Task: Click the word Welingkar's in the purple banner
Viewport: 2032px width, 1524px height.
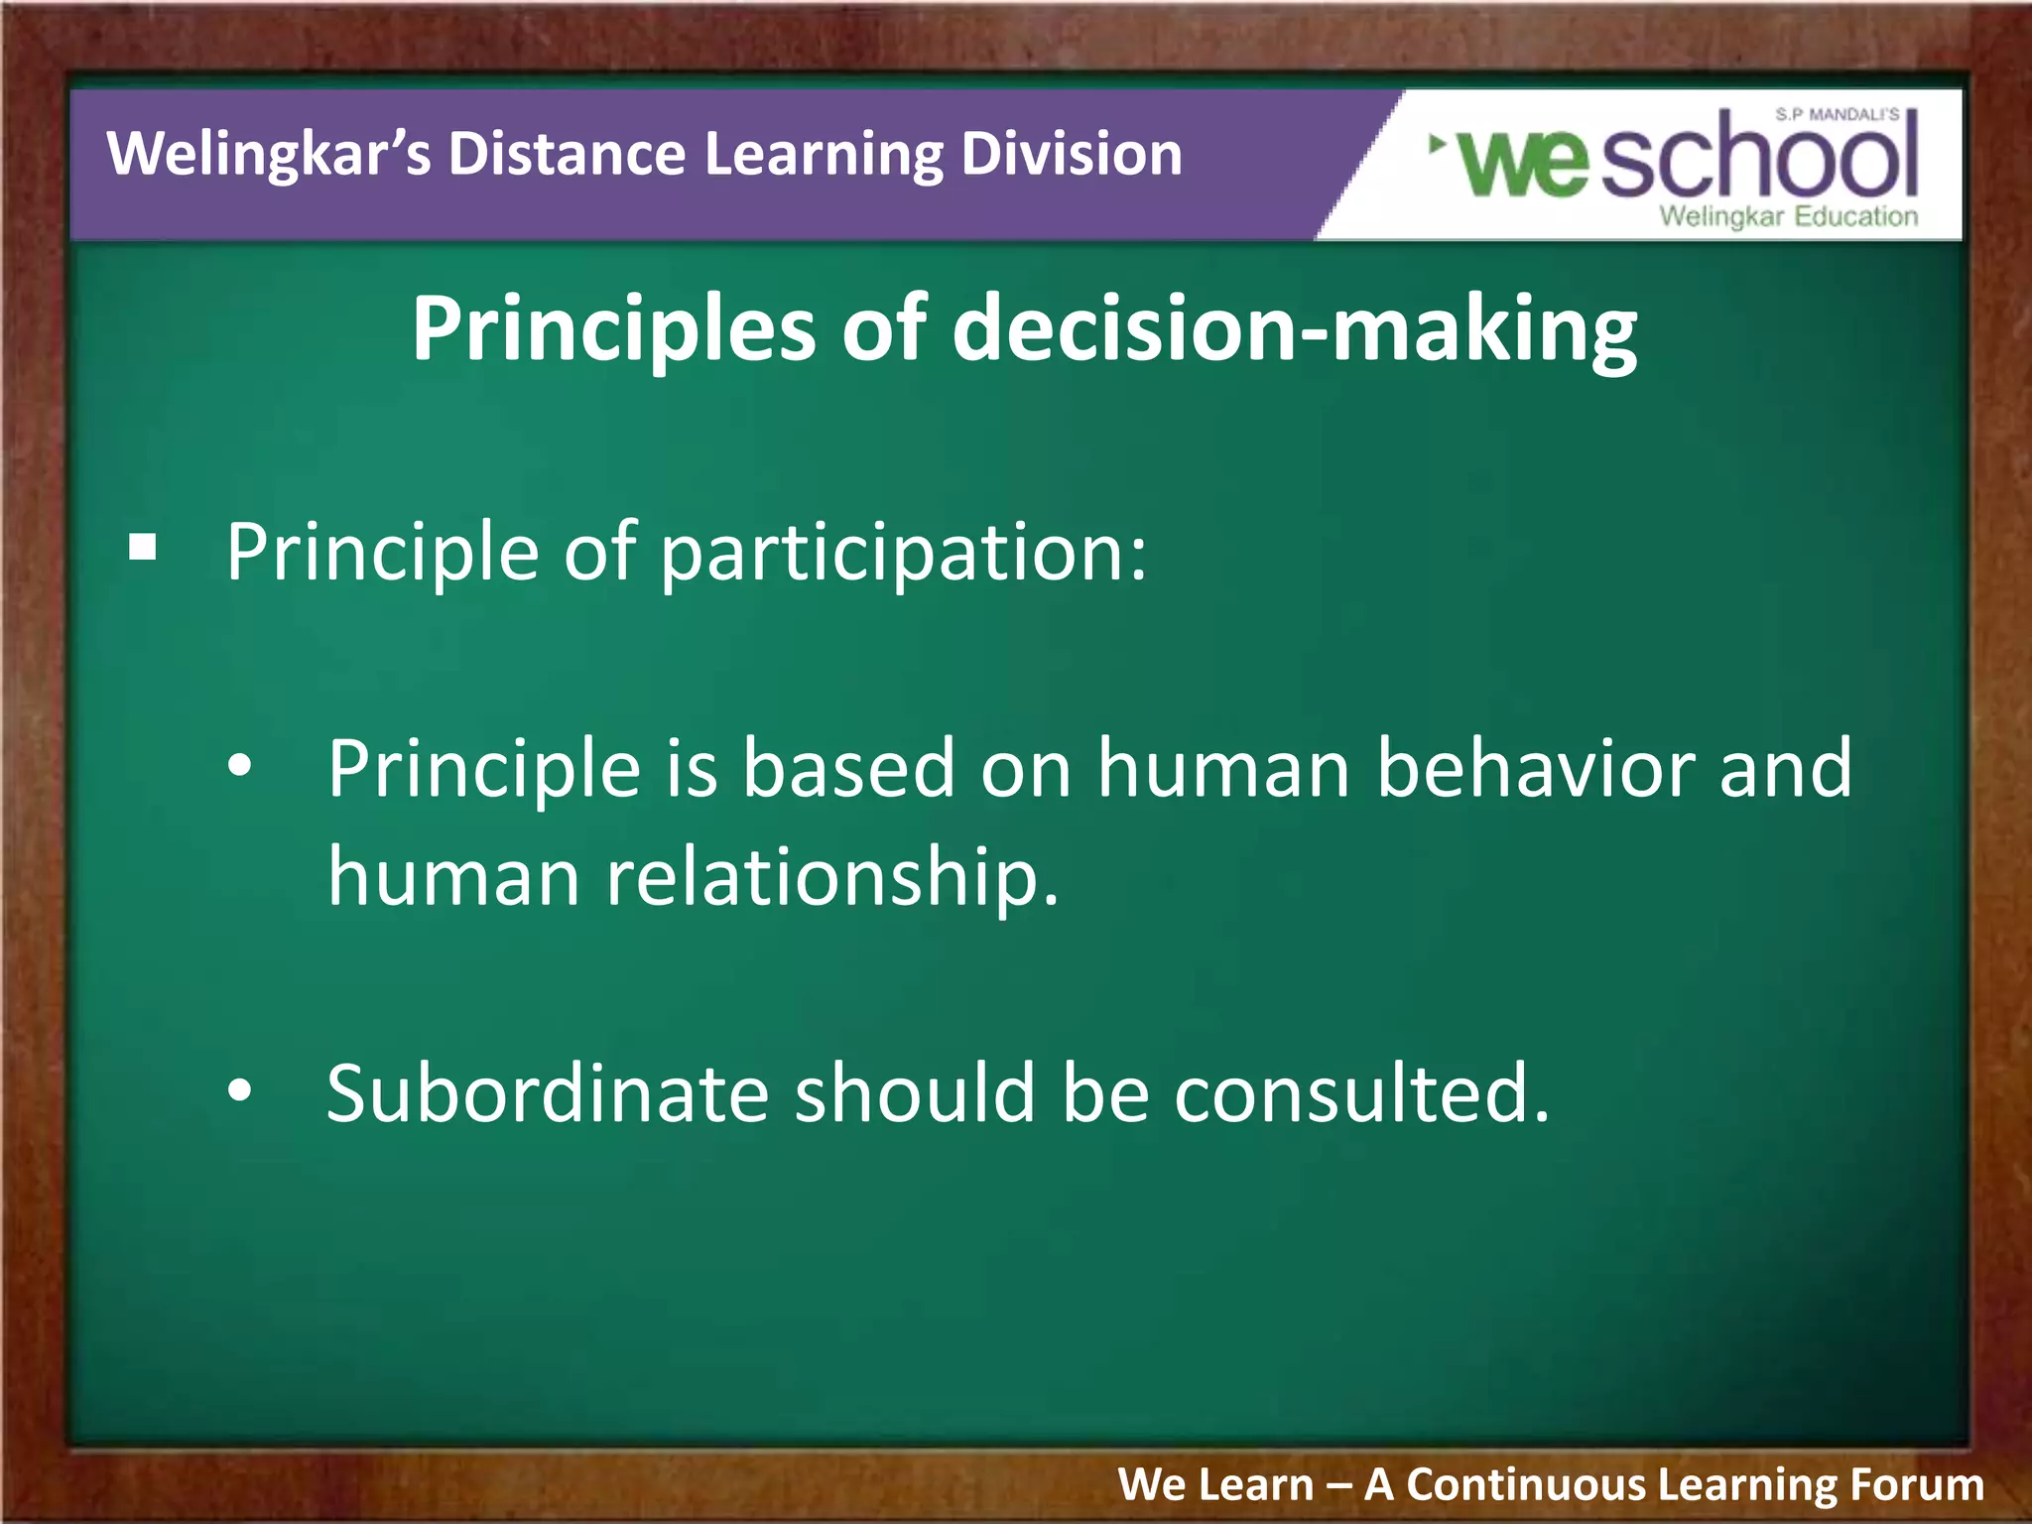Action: tap(268, 156)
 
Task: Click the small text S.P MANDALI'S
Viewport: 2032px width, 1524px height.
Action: tap(1837, 115)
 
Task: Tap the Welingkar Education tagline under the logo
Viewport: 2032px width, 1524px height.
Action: tap(1788, 216)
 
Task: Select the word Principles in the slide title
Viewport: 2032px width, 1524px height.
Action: tap(613, 330)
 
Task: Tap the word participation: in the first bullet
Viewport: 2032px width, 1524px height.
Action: tap(903, 553)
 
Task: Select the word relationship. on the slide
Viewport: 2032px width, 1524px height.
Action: tap(831, 877)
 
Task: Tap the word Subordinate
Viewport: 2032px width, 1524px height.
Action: tap(548, 1093)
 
